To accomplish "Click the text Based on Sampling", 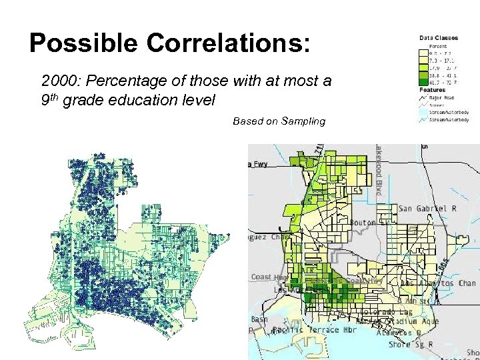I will click(x=279, y=121).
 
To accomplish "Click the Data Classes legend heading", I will click(x=435, y=38).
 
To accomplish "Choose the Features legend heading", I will click(x=432, y=89).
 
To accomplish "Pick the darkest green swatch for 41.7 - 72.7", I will click(x=424, y=83).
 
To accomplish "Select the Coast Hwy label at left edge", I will click(x=261, y=277).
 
